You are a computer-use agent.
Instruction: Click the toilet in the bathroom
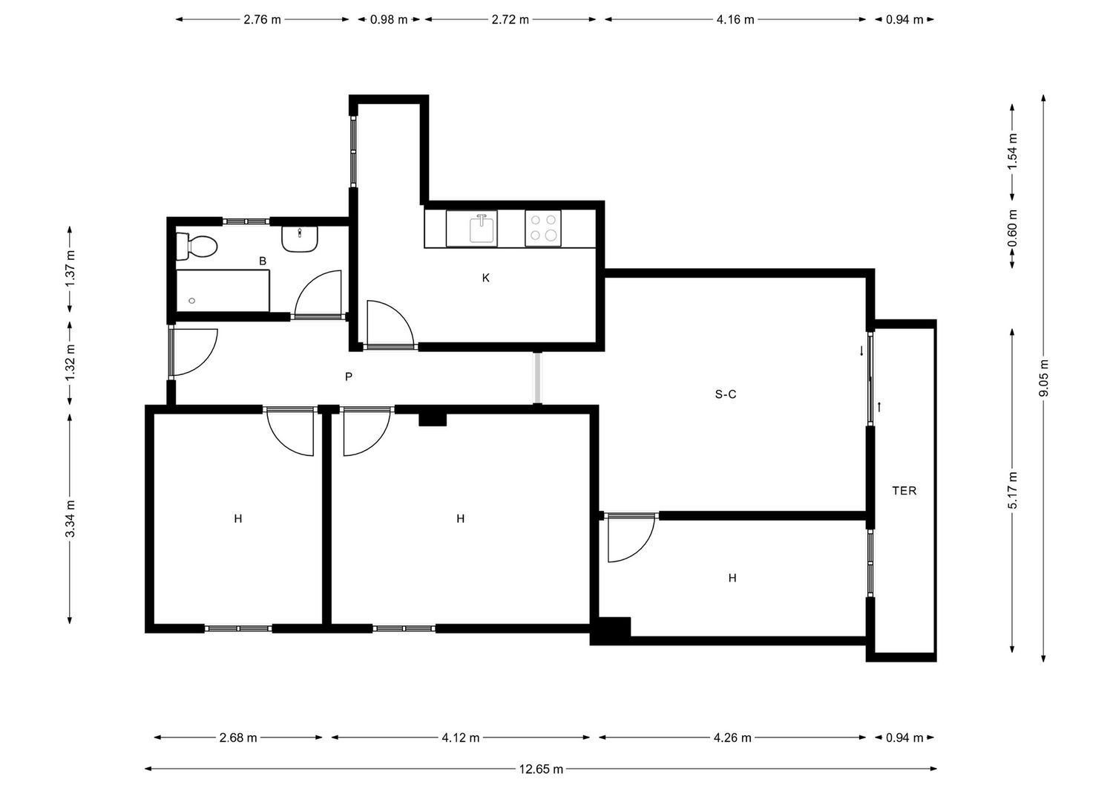pos(197,247)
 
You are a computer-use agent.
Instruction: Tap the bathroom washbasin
pos(300,239)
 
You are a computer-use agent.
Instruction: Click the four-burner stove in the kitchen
pos(543,228)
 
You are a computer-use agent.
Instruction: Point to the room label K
pos(485,278)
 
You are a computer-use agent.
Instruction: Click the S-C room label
pos(726,394)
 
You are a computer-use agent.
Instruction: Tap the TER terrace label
pos(904,491)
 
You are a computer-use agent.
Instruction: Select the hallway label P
pos(348,377)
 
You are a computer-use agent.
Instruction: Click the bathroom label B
pos(263,261)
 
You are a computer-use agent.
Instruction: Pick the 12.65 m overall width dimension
pos(541,769)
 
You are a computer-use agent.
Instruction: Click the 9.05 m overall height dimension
pos(1043,378)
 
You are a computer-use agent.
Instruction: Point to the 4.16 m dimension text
pos(735,19)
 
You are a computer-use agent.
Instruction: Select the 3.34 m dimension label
pos(70,519)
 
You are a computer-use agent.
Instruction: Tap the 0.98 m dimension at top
pos(389,19)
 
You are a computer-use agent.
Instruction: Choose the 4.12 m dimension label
pos(461,737)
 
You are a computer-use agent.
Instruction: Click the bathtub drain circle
pos(192,301)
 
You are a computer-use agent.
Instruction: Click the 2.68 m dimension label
pos(238,737)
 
